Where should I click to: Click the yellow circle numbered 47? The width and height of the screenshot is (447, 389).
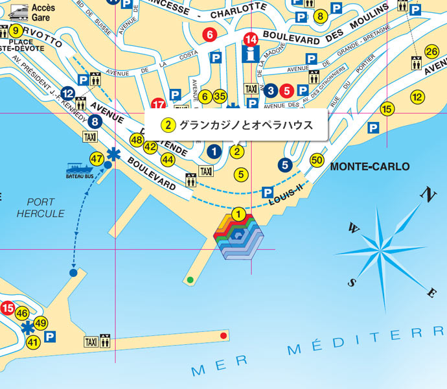97,158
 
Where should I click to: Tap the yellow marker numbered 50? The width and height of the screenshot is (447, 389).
317,159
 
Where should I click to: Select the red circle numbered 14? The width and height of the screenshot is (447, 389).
251,39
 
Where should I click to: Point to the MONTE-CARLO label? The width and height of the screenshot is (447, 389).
369,167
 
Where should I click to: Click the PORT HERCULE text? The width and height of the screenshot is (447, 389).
41,207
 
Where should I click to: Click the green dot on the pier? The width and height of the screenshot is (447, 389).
190,280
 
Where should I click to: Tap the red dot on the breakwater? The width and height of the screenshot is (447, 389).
223,335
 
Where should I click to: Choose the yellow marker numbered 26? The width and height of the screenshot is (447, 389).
431,52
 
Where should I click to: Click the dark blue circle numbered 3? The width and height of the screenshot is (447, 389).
272,90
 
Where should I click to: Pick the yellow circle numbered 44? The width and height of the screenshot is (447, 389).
168,159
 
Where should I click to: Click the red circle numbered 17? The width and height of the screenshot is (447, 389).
158,104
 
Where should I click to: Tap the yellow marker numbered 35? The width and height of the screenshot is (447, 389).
220,97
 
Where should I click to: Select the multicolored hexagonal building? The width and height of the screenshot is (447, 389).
238,237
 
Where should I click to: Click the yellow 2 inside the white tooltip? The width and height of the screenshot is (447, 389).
168,124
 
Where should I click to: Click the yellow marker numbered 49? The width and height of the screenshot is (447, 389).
41,323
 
